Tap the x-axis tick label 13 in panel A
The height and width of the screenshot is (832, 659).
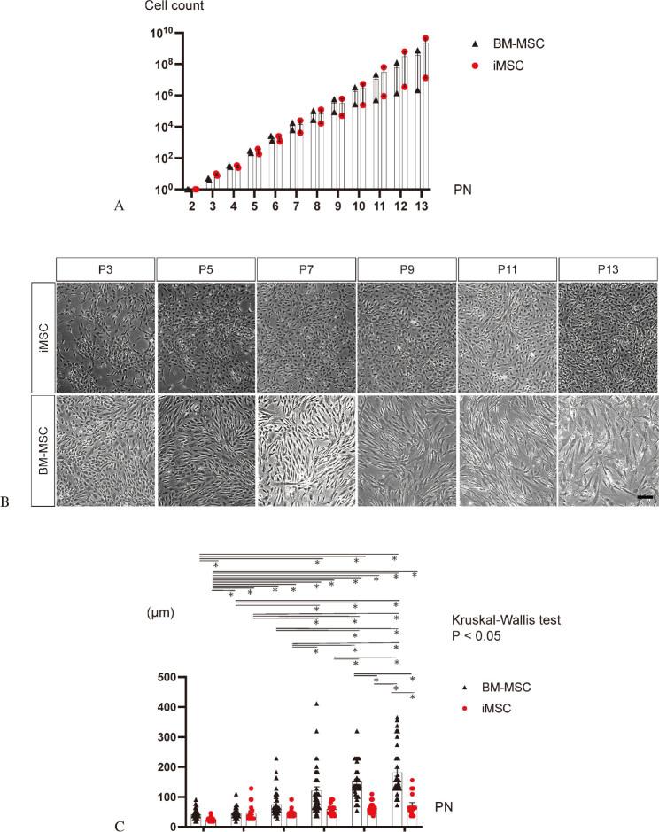click(422, 206)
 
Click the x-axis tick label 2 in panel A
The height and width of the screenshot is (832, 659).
click(192, 206)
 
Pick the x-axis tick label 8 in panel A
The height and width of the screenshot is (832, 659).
click(316, 206)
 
